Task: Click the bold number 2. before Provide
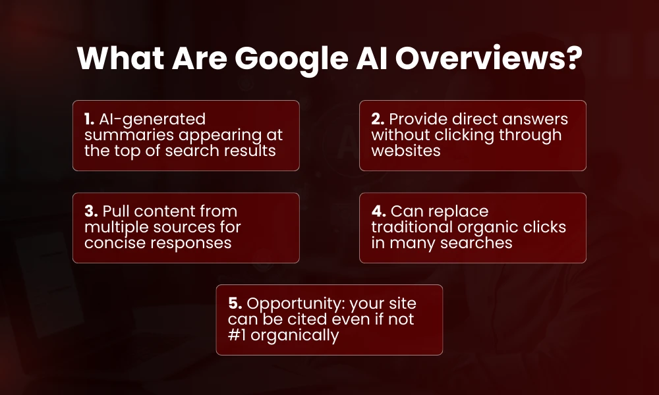377,119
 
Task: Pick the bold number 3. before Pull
90,212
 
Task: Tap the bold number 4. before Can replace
378,212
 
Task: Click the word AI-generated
152,119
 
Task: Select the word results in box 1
257,151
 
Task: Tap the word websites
404,151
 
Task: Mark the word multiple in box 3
113,228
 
